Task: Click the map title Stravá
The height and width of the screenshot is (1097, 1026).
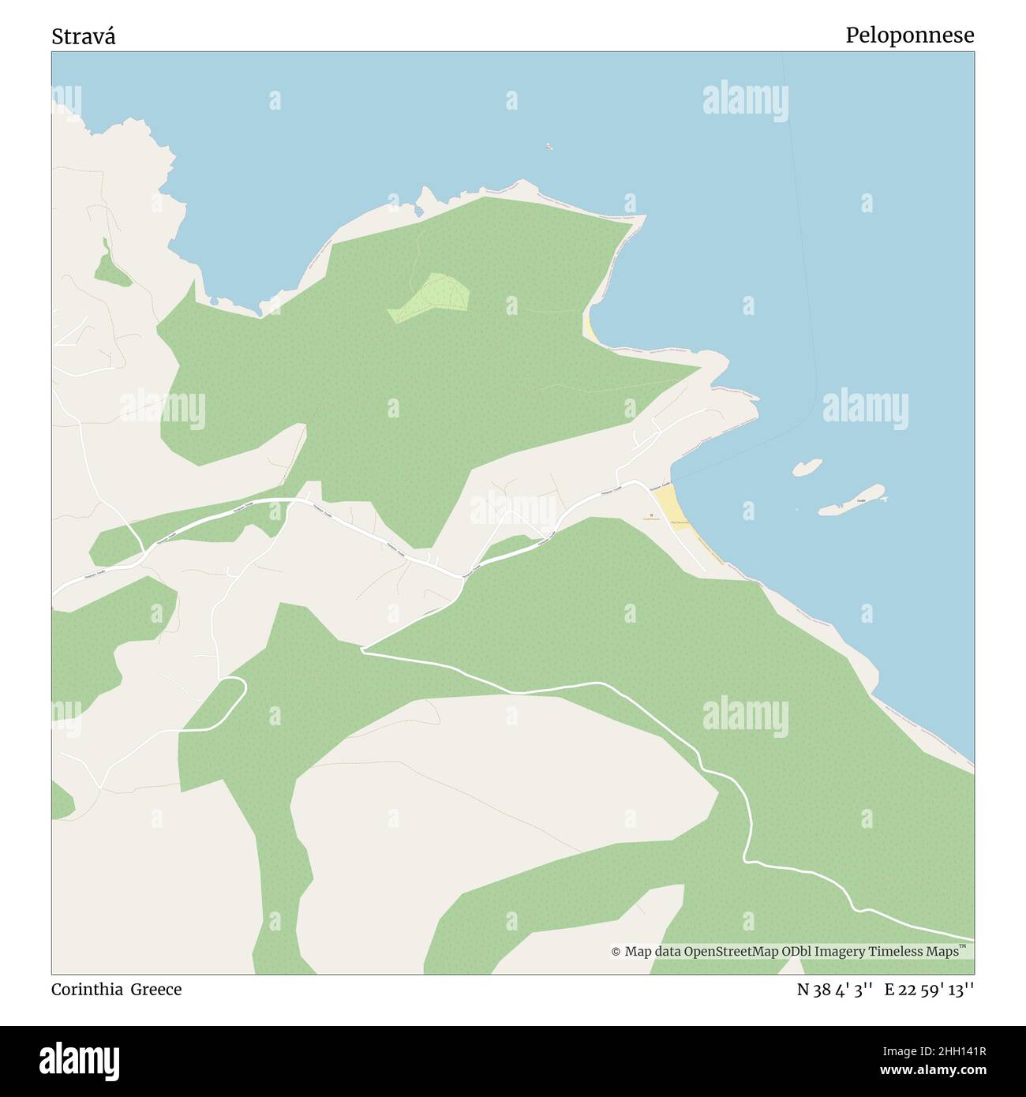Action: [84, 36]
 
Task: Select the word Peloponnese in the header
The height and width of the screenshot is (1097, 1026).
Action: [909, 36]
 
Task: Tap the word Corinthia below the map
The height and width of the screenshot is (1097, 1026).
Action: [87, 990]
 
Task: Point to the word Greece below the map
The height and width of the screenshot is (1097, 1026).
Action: [156, 990]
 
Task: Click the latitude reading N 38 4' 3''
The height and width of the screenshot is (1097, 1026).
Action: [834, 990]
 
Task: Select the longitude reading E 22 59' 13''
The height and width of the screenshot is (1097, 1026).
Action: [929, 990]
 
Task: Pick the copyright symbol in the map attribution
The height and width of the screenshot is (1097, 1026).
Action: [616, 952]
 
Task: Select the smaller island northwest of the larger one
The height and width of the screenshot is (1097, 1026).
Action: [806, 467]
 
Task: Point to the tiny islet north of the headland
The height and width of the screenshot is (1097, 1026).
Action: [549, 146]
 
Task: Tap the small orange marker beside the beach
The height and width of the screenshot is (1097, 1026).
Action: [651, 516]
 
